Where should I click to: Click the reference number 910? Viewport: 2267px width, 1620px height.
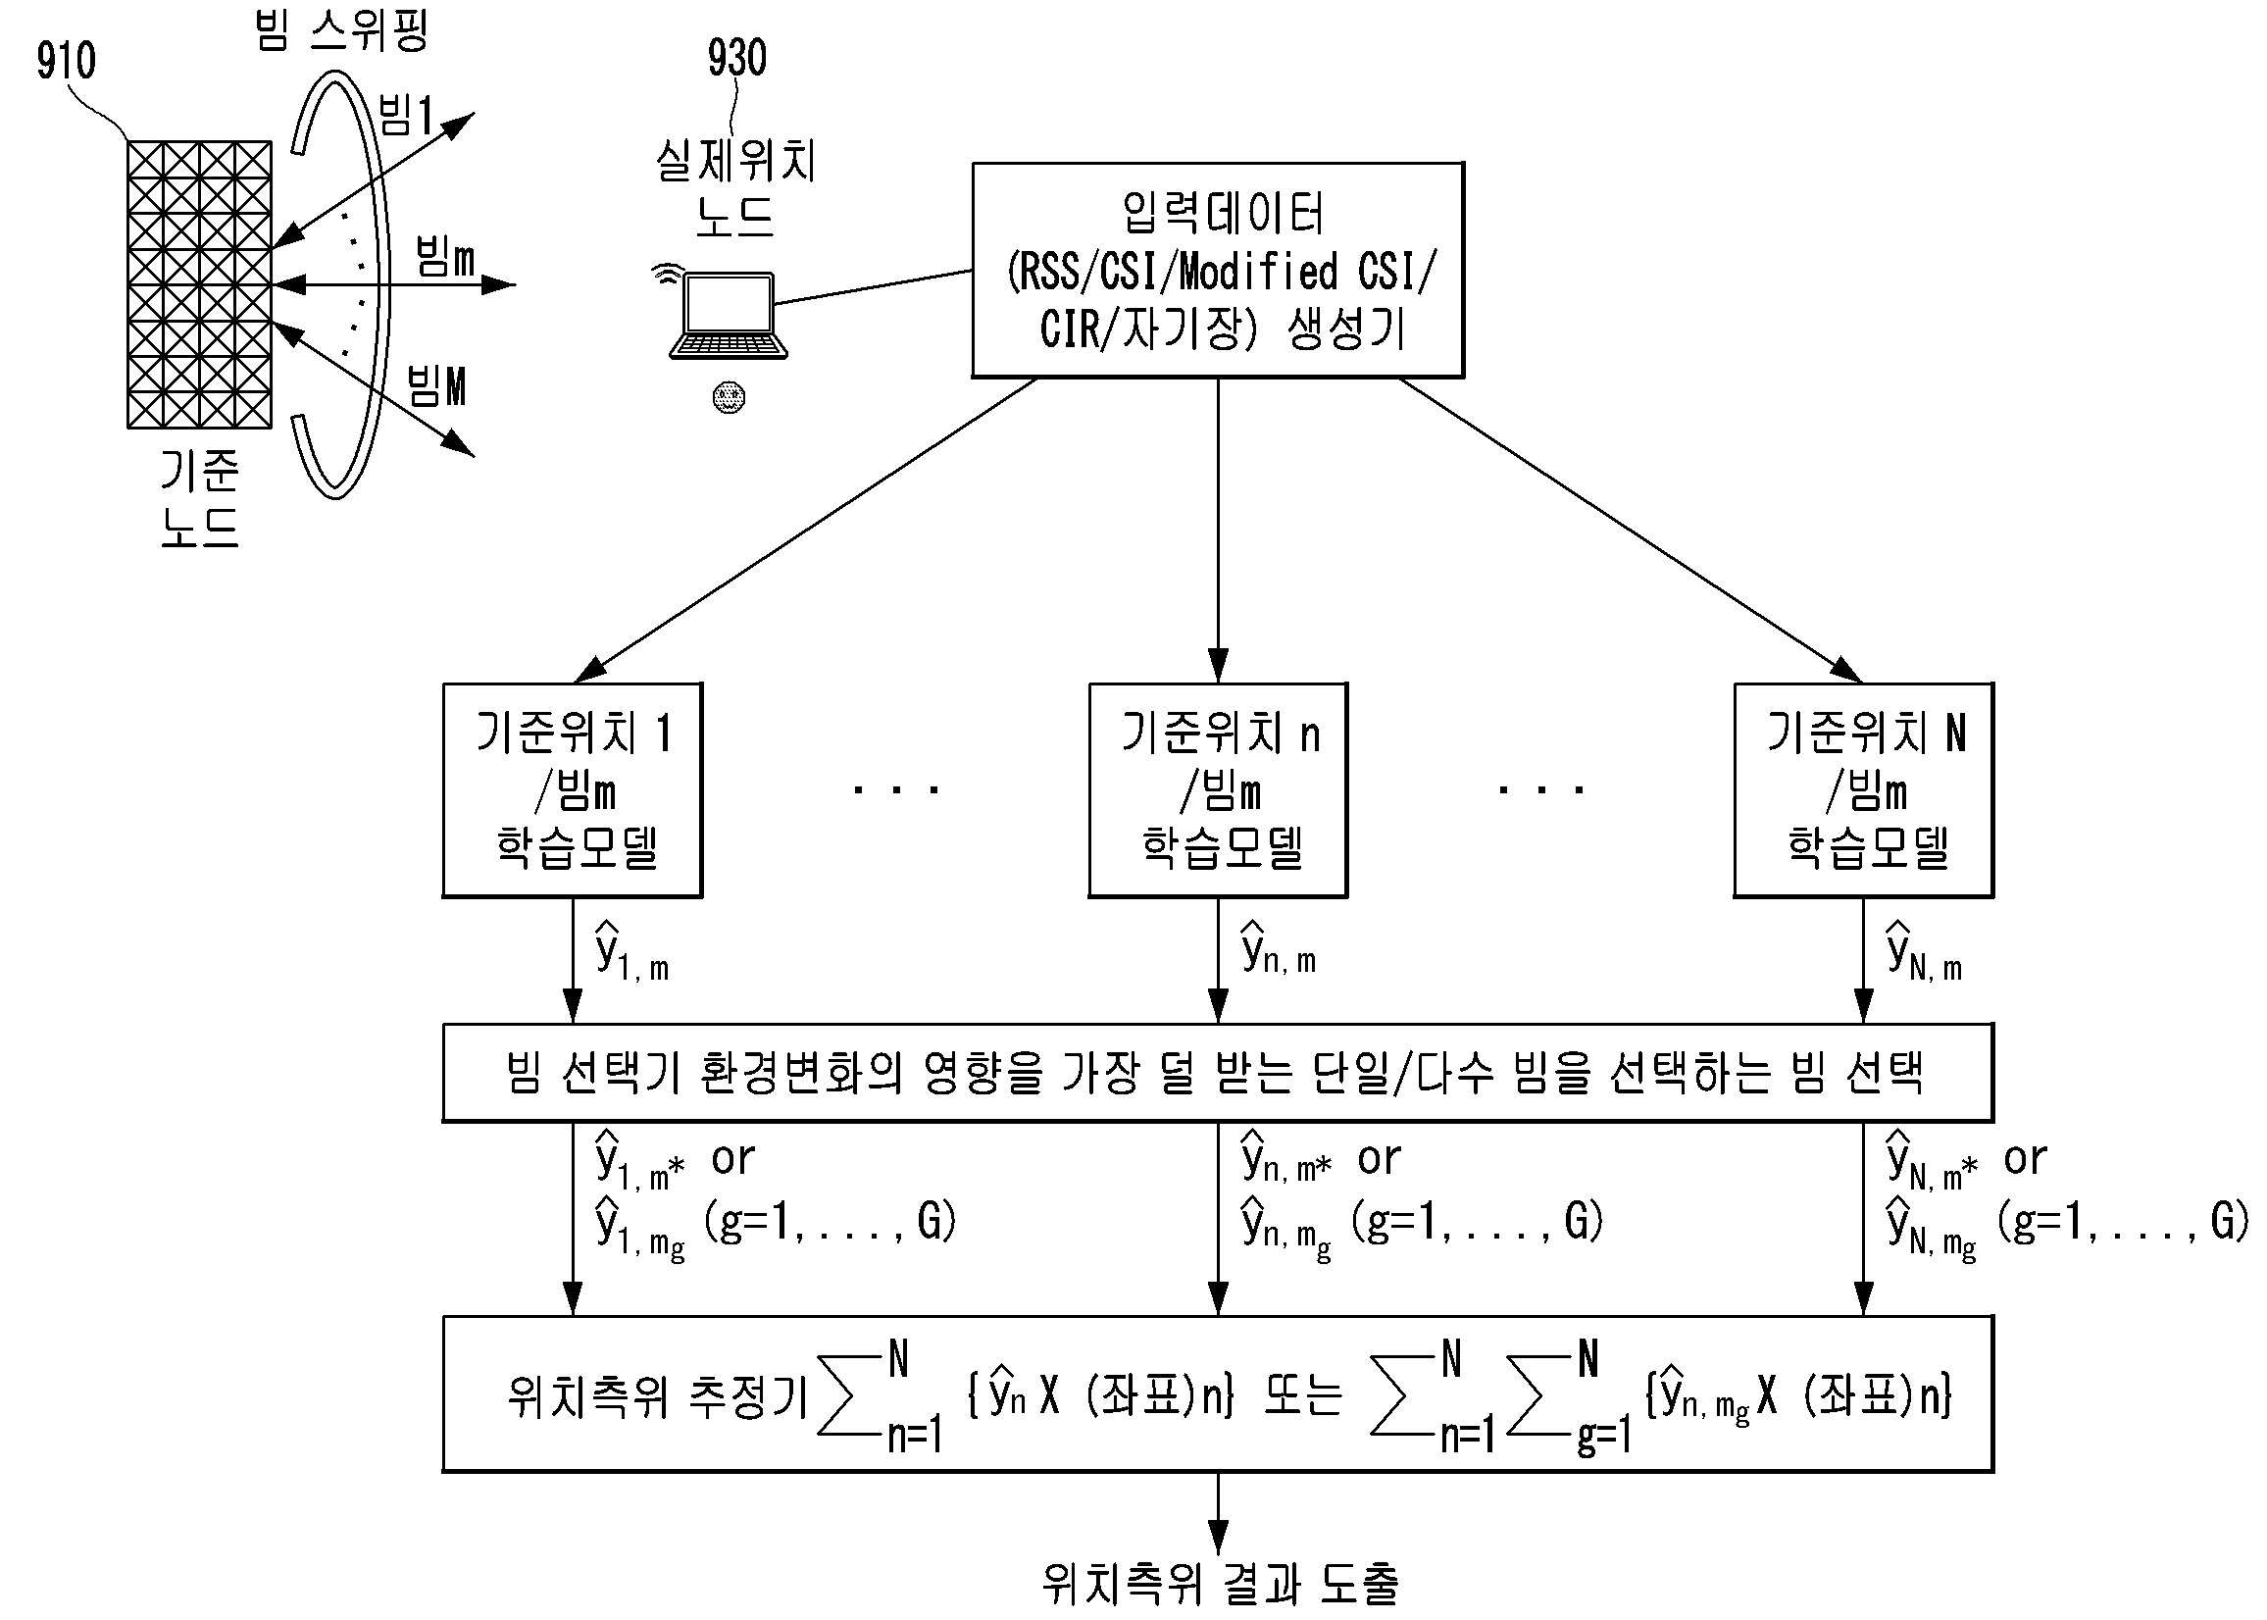pyautogui.click(x=66, y=61)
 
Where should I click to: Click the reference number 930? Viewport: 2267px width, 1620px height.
pyautogui.click(x=736, y=58)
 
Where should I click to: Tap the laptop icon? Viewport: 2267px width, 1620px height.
pyautogui.click(x=729, y=315)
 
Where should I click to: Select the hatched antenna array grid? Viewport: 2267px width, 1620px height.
pyautogui.click(x=199, y=284)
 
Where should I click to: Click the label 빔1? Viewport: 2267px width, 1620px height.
pyautogui.click(x=405, y=117)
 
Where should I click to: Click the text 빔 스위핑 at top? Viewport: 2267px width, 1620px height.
pyautogui.click(x=341, y=29)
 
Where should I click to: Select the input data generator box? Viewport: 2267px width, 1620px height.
pyautogui.click(x=1218, y=270)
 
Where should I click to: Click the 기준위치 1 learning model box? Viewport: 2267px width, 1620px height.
pyautogui.click(x=573, y=789)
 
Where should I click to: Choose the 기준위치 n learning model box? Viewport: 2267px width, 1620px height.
pyautogui.click(x=1218, y=789)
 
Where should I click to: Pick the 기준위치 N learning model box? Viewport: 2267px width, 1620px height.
pyautogui.click(x=1863, y=789)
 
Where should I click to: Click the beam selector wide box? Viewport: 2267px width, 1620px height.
pyautogui.click(x=1218, y=1073)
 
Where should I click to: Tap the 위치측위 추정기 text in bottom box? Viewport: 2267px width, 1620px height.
pyautogui.click(x=656, y=1395)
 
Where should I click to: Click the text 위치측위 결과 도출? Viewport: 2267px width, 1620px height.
pyautogui.click(x=1220, y=1582)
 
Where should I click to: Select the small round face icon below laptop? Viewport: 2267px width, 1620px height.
pyautogui.click(x=730, y=397)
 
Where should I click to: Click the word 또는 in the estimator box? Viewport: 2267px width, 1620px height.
pyautogui.click(x=1302, y=1395)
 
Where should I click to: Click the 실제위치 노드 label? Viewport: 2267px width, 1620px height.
pyautogui.click(x=736, y=187)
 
